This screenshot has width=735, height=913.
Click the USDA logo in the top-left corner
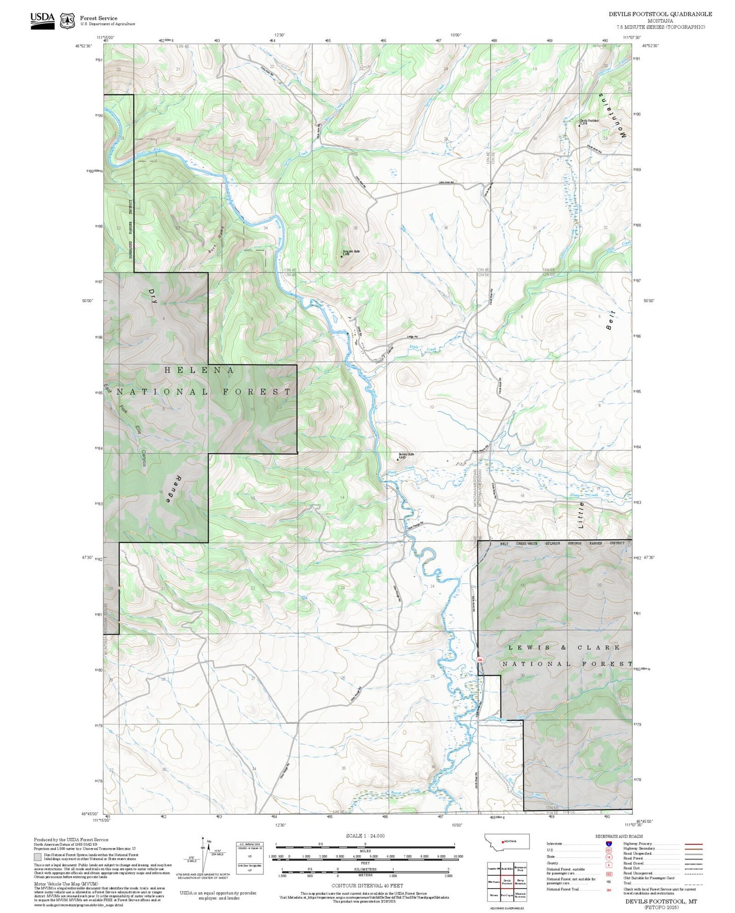click(x=42, y=20)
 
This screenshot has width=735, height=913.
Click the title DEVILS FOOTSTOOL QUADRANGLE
click(x=660, y=14)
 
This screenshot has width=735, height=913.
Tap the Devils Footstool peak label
click(x=590, y=121)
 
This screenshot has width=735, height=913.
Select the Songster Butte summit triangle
click(x=342, y=256)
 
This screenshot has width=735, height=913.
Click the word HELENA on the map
click(x=199, y=370)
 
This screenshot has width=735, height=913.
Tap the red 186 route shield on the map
click(x=480, y=660)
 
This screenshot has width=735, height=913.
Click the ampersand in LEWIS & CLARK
click(x=563, y=647)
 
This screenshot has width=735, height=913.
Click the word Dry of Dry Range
click(x=153, y=296)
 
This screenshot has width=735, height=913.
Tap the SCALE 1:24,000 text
click(x=365, y=836)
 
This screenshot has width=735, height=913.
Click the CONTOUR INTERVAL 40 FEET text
click(x=367, y=886)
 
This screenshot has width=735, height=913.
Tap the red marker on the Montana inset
click(x=503, y=841)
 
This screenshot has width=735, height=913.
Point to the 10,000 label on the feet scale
click(x=458, y=857)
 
